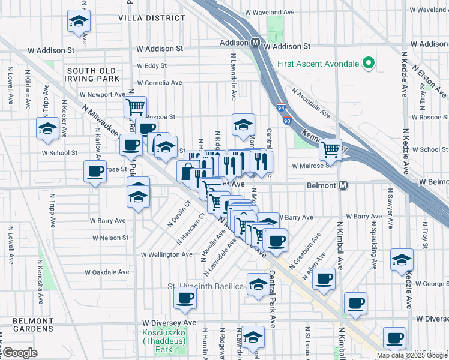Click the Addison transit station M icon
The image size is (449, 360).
[x=255, y=43]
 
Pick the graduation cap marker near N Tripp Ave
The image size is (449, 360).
[x=47, y=128]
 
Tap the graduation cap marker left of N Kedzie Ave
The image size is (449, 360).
[x=402, y=260]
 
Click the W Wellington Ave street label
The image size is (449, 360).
[x=167, y=254]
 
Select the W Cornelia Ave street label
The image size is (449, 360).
[x=158, y=83]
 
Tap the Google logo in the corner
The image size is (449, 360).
[x=19, y=353]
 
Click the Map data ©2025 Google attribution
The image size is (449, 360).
[x=412, y=355]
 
